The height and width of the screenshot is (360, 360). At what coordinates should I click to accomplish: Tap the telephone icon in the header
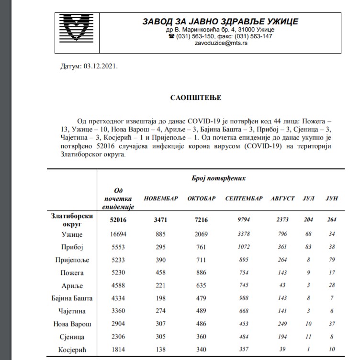coord(171,36)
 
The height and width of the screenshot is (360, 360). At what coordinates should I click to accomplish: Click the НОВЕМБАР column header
coord(161,198)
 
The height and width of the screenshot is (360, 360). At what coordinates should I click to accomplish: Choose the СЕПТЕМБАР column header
coord(244,198)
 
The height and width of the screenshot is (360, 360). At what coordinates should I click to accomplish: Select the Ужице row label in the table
coord(72,235)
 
